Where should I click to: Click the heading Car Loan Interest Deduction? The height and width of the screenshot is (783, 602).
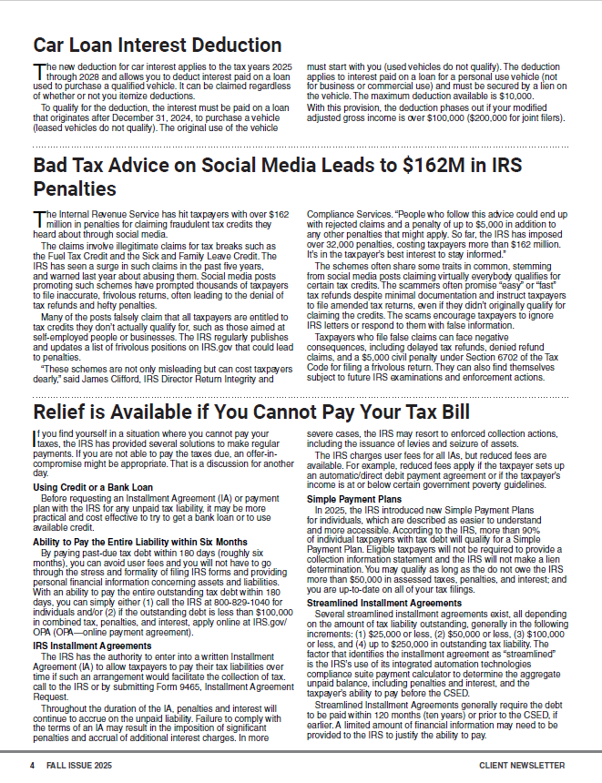pos(157,45)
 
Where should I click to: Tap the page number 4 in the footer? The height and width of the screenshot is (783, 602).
pos(32,766)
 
